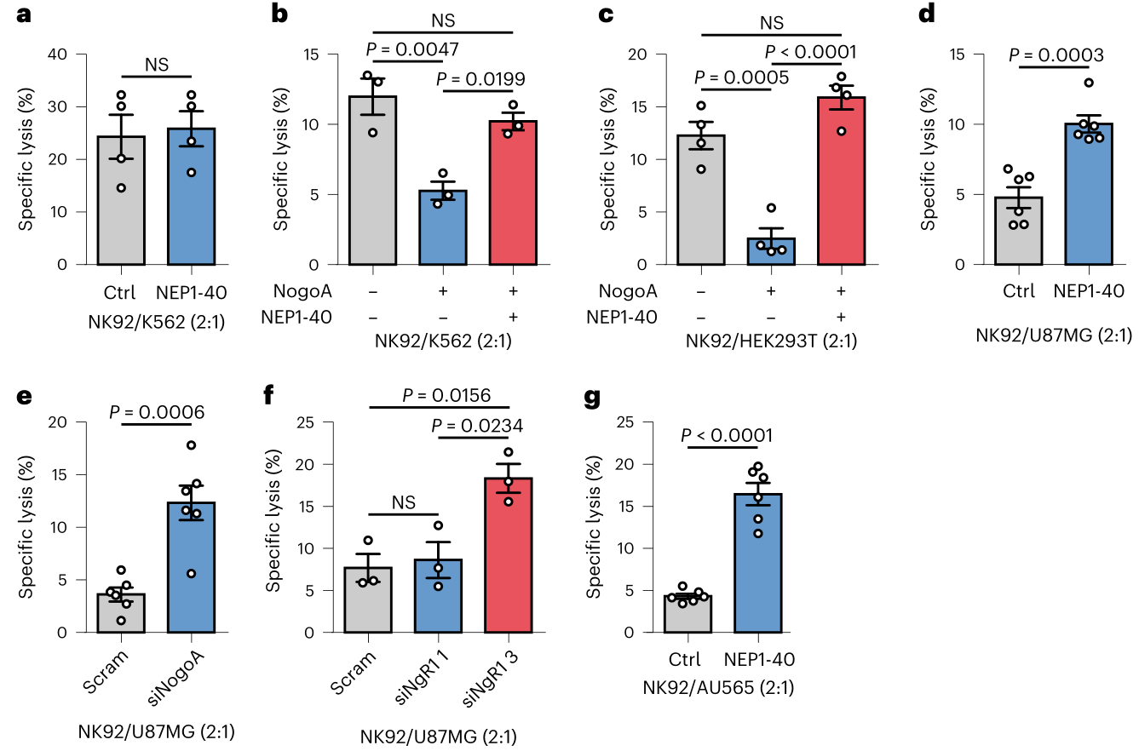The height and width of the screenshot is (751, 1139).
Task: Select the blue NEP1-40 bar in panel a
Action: coord(191,197)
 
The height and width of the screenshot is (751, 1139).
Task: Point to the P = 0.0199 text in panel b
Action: coord(480,79)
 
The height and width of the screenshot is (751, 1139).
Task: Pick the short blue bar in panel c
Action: coord(770,251)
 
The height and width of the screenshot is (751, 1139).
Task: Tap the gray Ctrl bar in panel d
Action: coord(1017,231)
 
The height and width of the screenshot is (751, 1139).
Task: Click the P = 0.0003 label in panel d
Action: coord(1056,55)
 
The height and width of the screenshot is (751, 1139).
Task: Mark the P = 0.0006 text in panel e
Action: coord(159,412)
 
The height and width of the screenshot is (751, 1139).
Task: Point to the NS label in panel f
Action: coord(405,503)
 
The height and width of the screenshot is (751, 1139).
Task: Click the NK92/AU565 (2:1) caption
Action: coord(719,687)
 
